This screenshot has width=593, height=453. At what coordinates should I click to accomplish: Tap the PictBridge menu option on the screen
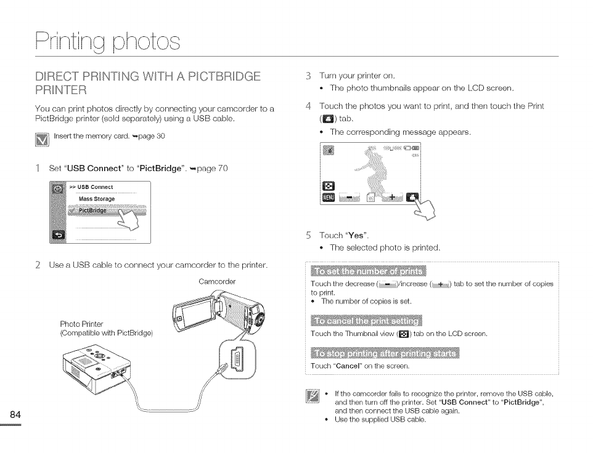coord(92,210)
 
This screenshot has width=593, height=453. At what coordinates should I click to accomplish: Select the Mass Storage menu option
coord(97,199)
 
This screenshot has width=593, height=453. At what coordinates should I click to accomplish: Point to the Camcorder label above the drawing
coord(217,282)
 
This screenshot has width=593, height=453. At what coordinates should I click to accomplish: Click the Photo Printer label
coord(81,324)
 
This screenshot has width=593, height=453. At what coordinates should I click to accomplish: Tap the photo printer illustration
coord(92,369)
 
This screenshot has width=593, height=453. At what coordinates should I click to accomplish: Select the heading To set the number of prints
coord(369,272)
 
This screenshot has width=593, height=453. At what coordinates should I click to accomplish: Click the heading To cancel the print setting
coord(366,321)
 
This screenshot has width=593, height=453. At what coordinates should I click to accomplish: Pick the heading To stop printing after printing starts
coord(385,353)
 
